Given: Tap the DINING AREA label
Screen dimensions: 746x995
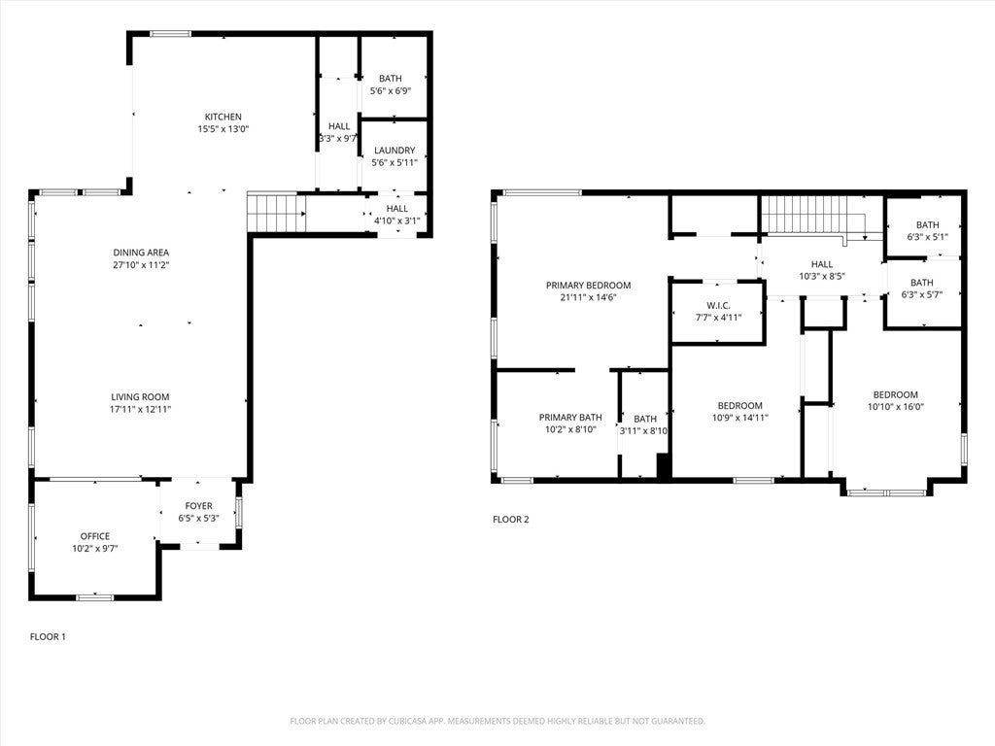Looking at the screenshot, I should pyautogui.click(x=141, y=253).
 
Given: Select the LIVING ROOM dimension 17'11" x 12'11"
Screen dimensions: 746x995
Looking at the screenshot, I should pyautogui.click(x=141, y=410).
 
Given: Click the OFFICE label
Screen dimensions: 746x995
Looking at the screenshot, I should pyautogui.click(x=94, y=536).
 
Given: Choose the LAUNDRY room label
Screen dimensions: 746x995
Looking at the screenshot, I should pyautogui.click(x=395, y=151).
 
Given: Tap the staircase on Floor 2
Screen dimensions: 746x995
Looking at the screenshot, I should pyautogui.click(x=810, y=213).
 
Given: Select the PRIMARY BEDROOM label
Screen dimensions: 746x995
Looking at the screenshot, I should pyautogui.click(x=588, y=286).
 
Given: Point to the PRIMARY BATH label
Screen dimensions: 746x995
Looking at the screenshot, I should pyautogui.click(x=570, y=417).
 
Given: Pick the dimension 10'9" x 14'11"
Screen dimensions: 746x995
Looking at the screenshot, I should pyautogui.click(x=740, y=419).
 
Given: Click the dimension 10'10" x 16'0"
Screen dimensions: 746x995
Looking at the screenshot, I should pyautogui.click(x=895, y=407).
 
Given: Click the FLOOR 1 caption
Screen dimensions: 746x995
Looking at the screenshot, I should pyautogui.click(x=48, y=637).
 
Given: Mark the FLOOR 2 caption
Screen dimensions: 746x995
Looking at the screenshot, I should pyautogui.click(x=511, y=520).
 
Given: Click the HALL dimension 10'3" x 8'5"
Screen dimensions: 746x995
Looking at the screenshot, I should pyautogui.click(x=822, y=276).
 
